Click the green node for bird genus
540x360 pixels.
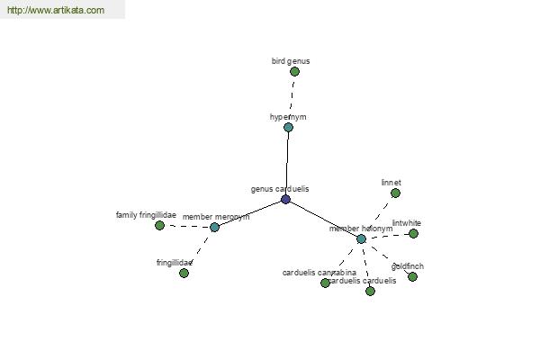point(294,72)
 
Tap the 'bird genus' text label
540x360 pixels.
point(291,61)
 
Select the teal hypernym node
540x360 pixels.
point(288,128)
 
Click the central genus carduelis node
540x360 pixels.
point(285,199)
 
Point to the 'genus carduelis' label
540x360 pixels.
point(280,189)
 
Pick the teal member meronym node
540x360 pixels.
point(214,227)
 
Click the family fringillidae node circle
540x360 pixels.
point(159,225)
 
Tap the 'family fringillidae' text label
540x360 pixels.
point(146,215)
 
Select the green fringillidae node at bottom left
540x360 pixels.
point(184,273)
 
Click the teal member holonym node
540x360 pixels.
point(361,238)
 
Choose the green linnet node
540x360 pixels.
point(395,193)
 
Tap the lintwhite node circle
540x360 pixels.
point(413,233)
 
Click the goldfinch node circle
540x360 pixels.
point(412,276)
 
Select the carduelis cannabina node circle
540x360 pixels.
point(325,283)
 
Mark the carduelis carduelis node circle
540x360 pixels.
point(370,291)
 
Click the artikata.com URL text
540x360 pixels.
point(55,11)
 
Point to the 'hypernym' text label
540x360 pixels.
point(288,117)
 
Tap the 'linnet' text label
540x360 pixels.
point(391,182)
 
